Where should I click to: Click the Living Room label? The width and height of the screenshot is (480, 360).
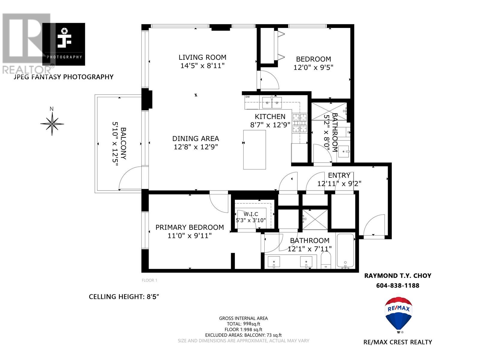pyautogui.click(x=202, y=57)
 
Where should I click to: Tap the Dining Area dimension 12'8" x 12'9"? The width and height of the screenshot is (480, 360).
pyautogui.click(x=196, y=147)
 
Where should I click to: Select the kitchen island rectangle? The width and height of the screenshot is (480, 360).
pyautogui.click(x=254, y=149)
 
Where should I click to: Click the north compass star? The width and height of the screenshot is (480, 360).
pyautogui.click(x=52, y=123)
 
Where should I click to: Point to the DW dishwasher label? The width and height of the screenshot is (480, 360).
pyautogui.click(x=247, y=97)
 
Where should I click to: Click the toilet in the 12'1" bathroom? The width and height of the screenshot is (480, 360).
pyautogui.click(x=325, y=260)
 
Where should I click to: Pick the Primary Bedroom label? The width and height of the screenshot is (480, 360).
pyautogui.click(x=189, y=227)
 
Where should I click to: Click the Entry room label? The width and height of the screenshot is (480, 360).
pyautogui.click(x=339, y=175)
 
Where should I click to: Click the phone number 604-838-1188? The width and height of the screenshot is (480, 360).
pyautogui.click(x=397, y=285)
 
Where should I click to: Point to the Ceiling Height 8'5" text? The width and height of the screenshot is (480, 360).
pyautogui.click(x=124, y=297)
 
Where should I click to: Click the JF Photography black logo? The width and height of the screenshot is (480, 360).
pyautogui.click(x=64, y=44)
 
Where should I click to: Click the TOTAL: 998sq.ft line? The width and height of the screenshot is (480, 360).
pyautogui.click(x=243, y=324)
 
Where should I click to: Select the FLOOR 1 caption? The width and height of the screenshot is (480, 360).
pyautogui.click(x=149, y=280)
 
